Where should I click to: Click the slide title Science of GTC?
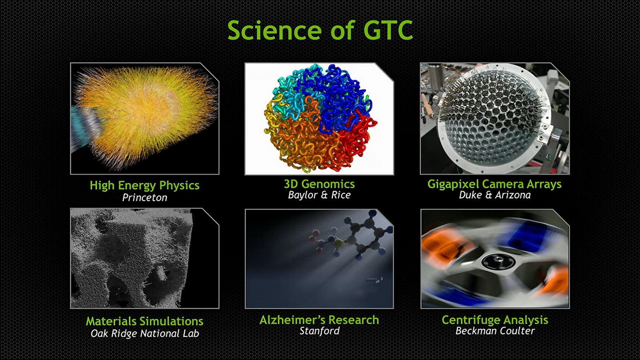(x=320, y=30)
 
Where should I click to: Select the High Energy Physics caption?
(x=144, y=186)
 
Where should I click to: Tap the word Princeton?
(x=144, y=198)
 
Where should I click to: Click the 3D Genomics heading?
(x=320, y=184)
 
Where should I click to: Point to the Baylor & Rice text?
(x=320, y=195)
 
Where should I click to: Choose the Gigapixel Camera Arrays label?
(x=494, y=184)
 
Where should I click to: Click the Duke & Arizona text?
(x=494, y=195)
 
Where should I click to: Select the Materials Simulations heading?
(x=144, y=321)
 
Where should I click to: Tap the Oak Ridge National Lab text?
(x=144, y=334)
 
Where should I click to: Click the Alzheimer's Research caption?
(x=319, y=320)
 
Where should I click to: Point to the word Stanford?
(x=320, y=331)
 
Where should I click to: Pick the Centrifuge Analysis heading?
(x=495, y=320)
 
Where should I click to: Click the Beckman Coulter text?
(x=495, y=331)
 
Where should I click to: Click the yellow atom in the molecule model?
(x=338, y=244)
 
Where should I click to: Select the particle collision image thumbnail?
(x=144, y=118)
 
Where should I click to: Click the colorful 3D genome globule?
(x=320, y=118)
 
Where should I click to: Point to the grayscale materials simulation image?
(x=144, y=258)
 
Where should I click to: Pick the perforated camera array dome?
(x=492, y=120)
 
